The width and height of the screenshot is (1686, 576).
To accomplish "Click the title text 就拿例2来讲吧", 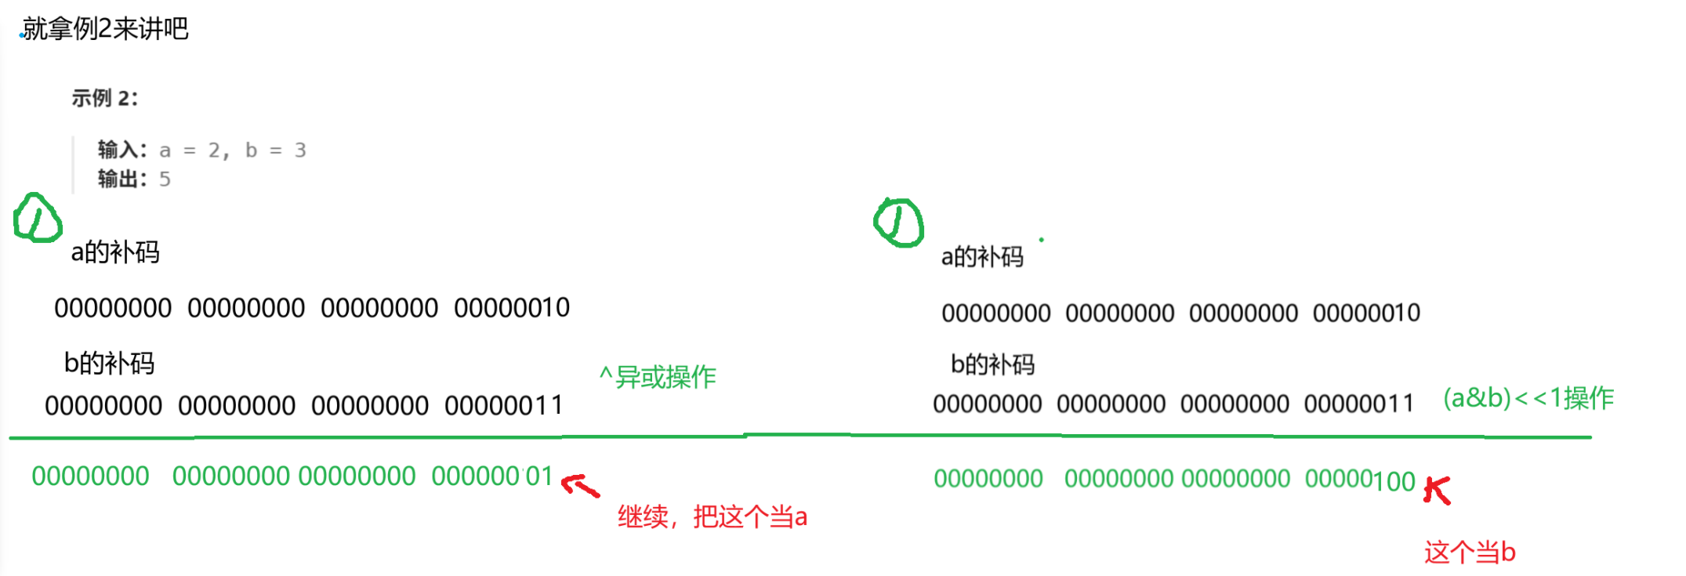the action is tap(105, 29).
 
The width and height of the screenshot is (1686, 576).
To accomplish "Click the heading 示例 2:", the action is tap(104, 98).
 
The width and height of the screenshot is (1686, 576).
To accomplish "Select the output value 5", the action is tap(165, 179).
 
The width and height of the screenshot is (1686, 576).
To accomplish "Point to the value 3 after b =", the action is tap(300, 150).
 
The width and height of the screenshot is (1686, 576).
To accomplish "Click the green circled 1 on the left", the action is tap(37, 218).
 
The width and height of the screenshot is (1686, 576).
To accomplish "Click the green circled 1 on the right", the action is tap(898, 223).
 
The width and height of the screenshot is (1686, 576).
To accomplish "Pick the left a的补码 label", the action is tap(115, 252).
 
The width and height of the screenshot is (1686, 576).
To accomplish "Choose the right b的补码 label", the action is tap(992, 364).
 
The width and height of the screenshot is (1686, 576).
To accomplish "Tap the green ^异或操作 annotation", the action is tap(658, 377).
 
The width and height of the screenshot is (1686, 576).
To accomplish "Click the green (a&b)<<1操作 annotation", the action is tap(1528, 398).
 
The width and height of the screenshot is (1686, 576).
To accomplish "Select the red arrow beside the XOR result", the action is tap(581, 486).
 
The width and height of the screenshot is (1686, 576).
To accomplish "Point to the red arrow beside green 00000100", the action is tap(1438, 491).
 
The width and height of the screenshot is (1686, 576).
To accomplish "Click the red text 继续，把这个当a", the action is tap(712, 517).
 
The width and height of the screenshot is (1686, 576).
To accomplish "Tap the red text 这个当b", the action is tap(1470, 552).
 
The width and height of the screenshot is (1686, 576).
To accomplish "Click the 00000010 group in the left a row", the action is tap(512, 308).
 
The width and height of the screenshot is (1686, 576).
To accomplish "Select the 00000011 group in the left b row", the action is tap(503, 406).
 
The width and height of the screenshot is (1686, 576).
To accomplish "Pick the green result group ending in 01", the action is tap(492, 476).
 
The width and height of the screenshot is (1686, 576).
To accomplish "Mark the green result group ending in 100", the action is tap(1360, 480).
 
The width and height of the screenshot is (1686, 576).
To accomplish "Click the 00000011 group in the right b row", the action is tap(1359, 404).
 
